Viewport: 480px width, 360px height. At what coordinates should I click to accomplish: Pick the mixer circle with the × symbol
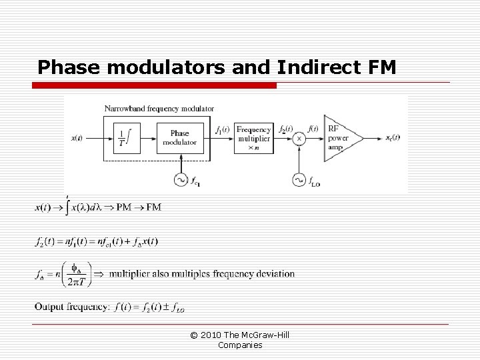coord(299,138)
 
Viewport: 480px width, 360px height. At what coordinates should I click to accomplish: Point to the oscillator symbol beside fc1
coord(179,179)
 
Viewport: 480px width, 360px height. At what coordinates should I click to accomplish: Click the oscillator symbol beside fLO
coord(299,179)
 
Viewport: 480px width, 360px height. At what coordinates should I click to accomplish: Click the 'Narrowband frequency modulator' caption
coord(159,108)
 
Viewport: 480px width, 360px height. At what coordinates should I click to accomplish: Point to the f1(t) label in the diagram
coord(223,129)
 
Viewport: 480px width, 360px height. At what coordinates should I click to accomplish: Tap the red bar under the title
coord(157,85)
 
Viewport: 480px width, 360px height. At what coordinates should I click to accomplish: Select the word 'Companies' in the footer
coord(239,345)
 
